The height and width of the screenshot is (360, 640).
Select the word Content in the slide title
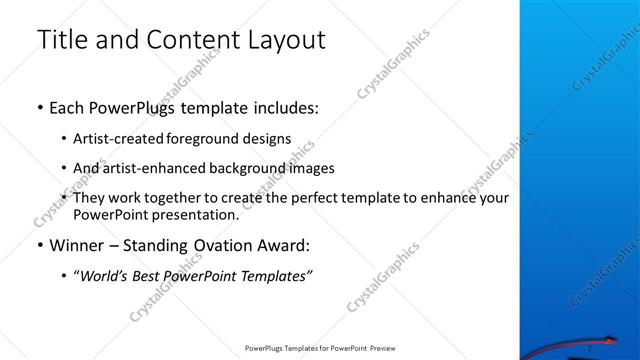[x=184, y=40]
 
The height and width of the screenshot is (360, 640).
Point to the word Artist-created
[x=114, y=139]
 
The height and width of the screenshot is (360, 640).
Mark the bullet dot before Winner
[x=39, y=245]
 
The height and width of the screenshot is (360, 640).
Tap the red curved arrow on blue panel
[x=590, y=339]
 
